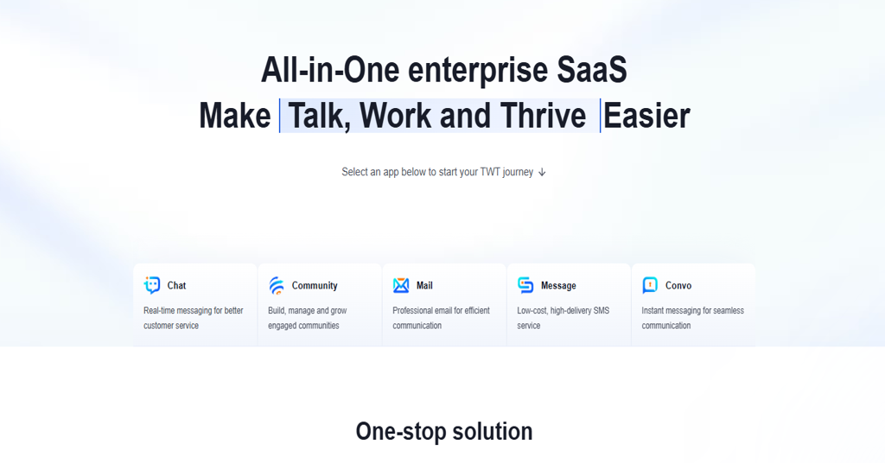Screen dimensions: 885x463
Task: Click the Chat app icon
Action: (x=152, y=285)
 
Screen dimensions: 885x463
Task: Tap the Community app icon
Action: (x=277, y=285)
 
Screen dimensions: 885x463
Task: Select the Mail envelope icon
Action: (x=401, y=285)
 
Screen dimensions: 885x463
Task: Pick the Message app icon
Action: (x=525, y=285)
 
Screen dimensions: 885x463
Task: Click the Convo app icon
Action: (x=650, y=285)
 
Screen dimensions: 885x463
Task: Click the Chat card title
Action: (x=176, y=285)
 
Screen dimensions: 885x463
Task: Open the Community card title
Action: (x=315, y=285)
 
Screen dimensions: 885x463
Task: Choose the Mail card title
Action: (x=424, y=285)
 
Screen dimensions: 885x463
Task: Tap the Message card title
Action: (x=558, y=285)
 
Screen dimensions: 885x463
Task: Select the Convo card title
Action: (x=678, y=285)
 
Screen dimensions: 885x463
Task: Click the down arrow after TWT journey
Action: (x=542, y=172)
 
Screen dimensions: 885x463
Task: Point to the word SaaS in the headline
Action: (x=592, y=70)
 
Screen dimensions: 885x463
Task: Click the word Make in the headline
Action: (x=235, y=116)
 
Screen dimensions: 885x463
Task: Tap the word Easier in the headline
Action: (x=646, y=116)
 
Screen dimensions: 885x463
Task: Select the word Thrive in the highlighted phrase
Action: (x=543, y=116)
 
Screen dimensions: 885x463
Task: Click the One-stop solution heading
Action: (x=444, y=431)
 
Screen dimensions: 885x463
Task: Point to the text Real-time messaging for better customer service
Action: (x=193, y=318)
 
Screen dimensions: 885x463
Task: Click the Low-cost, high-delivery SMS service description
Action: (x=563, y=318)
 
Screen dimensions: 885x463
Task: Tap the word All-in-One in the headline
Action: (x=330, y=70)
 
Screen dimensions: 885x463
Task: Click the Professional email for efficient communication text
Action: (x=441, y=318)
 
